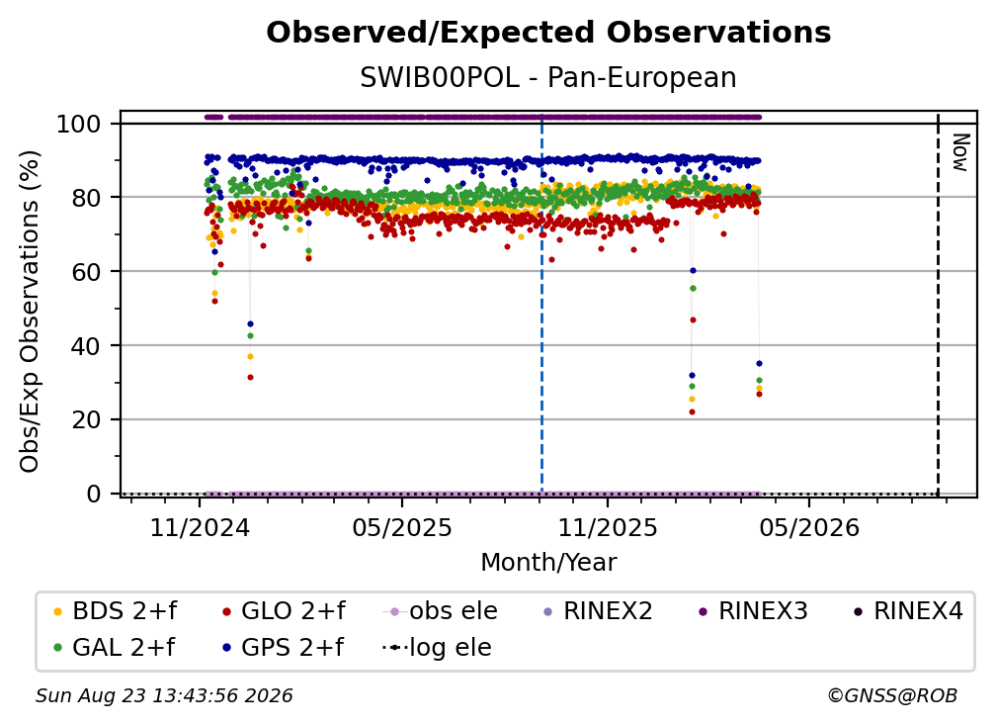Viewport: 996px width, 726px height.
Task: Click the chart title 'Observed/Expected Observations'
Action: (548, 33)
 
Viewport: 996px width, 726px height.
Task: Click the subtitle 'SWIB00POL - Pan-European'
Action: (548, 77)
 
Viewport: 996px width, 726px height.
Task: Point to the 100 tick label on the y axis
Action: (79, 124)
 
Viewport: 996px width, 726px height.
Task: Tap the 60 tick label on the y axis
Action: (86, 272)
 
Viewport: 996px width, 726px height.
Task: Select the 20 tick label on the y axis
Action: (86, 420)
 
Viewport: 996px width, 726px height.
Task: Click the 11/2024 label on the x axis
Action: (200, 528)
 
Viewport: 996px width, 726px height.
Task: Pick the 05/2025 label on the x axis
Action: (402, 528)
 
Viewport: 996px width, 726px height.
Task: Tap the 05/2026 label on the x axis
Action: (809, 528)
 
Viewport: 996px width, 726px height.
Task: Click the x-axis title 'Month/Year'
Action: (548, 563)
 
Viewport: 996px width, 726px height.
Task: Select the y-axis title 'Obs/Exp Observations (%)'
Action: (30, 312)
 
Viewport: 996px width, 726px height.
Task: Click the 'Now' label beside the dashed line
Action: (959, 152)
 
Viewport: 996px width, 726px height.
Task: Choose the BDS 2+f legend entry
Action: (116, 611)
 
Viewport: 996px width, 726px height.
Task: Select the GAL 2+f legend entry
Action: (115, 648)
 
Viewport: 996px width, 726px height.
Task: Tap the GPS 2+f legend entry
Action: (283, 648)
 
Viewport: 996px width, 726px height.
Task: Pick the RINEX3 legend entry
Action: (753, 611)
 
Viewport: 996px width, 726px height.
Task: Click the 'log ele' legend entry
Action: (438, 648)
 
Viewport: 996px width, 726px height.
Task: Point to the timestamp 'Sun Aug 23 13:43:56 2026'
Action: (164, 696)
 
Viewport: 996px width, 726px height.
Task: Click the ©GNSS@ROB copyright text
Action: (892, 696)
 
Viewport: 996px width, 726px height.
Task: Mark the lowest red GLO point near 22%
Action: (693, 411)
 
